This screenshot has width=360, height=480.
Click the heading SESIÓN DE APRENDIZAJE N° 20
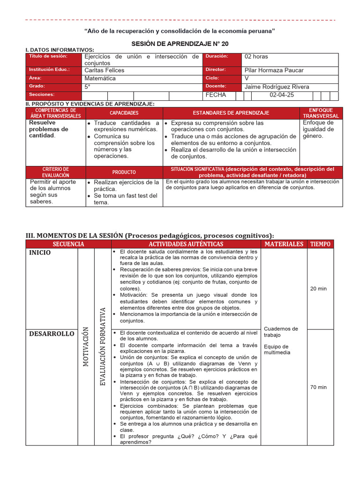pyautogui.click(x=180, y=44)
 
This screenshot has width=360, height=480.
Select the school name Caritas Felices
pyautogui.click(x=105, y=70)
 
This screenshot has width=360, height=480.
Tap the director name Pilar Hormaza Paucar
pyautogui.click(x=274, y=70)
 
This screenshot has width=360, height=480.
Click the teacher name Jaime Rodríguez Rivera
pyautogui.click(x=277, y=87)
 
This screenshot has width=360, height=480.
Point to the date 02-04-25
pyautogui.click(x=282, y=95)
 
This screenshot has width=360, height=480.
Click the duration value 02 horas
pyautogui.click(x=256, y=57)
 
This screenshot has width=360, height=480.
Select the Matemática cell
pyautogui.click(x=100, y=78)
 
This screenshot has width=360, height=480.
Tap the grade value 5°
pyautogui.click(x=88, y=87)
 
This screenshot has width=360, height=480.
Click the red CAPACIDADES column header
pyautogui.click(x=124, y=113)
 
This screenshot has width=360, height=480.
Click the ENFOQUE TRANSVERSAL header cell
pyautogui.click(x=321, y=113)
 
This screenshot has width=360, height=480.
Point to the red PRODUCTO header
pyautogui.click(x=124, y=172)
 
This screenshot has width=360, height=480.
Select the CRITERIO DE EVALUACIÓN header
pyautogui.click(x=55, y=172)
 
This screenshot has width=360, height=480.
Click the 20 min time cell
pyautogui.click(x=318, y=289)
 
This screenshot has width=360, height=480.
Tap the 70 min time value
pyautogui.click(x=318, y=387)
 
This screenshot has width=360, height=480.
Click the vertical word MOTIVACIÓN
pyautogui.click(x=86, y=346)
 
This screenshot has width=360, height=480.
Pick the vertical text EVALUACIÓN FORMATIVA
pyautogui.click(x=103, y=346)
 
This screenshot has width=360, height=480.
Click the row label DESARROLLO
pyautogui.click(x=52, y=334)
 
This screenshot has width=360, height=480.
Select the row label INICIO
pyautogui.click(x=40, y=253)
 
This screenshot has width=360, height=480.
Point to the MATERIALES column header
pyautogui.click(x=284, y=244)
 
